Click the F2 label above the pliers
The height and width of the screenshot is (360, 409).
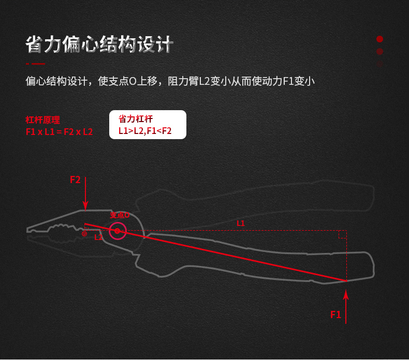[x=75, y=180]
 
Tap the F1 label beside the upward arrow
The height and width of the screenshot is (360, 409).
[x=335, y=314]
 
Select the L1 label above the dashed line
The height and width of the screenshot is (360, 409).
[x=241, y=223]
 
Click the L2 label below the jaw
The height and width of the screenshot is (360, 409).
[x=98, y=237]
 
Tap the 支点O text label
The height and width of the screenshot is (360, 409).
[x=120, y=215]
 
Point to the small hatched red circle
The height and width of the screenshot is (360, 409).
[x=84, y=234]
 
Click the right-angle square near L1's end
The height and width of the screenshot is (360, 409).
[x=342, y=235]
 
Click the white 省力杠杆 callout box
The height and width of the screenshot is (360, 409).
[x=148, y=125]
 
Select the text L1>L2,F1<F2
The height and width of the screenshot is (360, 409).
[x=145, y=131]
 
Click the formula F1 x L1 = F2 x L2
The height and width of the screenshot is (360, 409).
[x=59, y=132]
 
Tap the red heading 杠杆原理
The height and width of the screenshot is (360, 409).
[x=43, y=120]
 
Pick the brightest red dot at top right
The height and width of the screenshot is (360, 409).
[x=379, y=39]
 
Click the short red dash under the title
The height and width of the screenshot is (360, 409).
[x=35, y=64]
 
